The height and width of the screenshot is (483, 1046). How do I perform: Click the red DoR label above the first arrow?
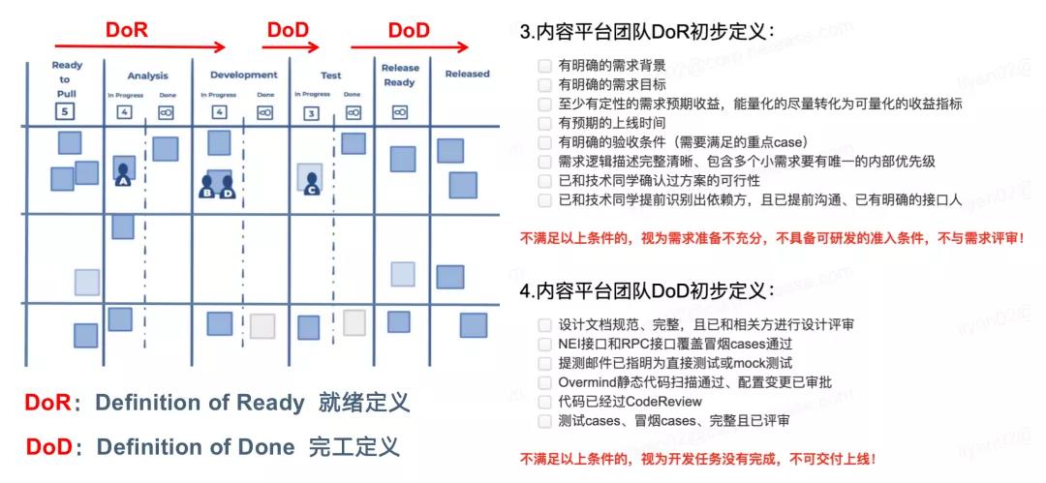pos(126,30)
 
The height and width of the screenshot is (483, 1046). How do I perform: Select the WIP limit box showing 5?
pos(65,111)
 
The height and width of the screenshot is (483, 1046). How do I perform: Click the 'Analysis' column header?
pos(147,75)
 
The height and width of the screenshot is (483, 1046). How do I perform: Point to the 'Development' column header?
pos(242,75)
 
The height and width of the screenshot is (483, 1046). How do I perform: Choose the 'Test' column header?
pos(331,75)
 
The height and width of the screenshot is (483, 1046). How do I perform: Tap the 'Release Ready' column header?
pos(399,75)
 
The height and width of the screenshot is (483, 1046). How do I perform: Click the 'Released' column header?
pos(467,74)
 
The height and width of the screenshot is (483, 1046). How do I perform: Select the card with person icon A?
pos(123,171)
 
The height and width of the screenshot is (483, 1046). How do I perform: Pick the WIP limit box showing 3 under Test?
pos(311,112)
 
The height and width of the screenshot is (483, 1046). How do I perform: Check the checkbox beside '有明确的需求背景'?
pos(545,66)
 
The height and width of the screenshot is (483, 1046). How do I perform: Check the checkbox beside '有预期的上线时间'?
pos(545,123)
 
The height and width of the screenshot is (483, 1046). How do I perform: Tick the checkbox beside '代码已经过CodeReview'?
pos(545,402)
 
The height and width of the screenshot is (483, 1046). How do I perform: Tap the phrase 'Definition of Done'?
pos(196,447)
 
